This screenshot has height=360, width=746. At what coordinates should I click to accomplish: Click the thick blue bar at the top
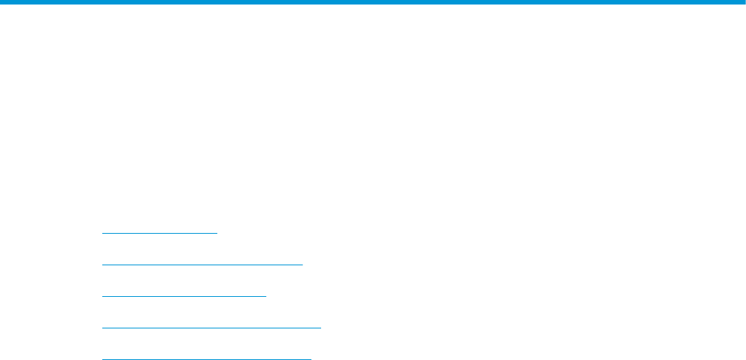coord(373,2)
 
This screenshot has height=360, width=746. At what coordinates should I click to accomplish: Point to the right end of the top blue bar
coord(742,2)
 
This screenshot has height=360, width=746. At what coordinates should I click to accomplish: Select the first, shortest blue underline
coord(159,234)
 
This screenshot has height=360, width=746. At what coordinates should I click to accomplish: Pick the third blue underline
coord(183,296)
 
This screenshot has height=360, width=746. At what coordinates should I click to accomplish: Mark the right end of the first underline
coord(216,234)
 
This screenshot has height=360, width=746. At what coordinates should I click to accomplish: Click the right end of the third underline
coord(265,296)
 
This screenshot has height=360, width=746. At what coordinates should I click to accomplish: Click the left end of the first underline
coord(102,234)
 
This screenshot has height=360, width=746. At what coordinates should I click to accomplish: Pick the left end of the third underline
coord(102,296)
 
